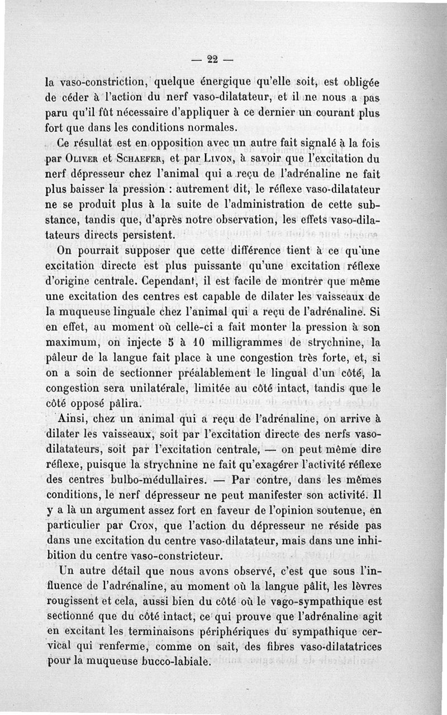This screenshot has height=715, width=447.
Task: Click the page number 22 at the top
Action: (x=212, y=59)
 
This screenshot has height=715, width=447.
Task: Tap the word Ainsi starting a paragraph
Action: (x=74, y=418)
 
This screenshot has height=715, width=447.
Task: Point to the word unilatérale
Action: (x=144, y=387)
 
